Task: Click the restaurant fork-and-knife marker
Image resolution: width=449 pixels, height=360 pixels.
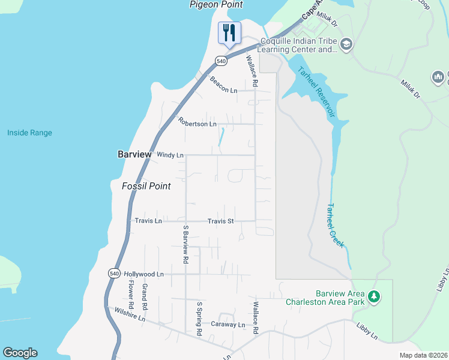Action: click(229, 33)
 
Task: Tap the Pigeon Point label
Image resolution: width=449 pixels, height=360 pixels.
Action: click(216, 5)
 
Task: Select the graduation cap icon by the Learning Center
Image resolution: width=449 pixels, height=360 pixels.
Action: click(346, 44)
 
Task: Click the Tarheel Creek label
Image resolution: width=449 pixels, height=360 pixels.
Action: click(335, 225)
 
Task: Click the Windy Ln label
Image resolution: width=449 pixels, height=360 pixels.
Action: click(170, 155)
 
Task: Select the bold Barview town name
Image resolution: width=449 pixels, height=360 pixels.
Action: click(134, 154)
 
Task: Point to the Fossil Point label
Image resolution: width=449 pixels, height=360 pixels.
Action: click(146, 186)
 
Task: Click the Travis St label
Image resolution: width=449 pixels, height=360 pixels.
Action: click(220, 221)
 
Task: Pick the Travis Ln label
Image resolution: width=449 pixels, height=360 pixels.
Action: click(148, 221)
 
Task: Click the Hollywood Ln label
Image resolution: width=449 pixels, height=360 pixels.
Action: click(143, 274)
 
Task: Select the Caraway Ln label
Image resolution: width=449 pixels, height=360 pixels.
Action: click(228, 325)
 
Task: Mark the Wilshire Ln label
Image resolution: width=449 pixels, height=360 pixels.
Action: click(130, 314)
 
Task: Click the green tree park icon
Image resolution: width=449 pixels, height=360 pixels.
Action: click(374, 296)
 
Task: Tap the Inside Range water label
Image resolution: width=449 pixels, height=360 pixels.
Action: click(29, 133)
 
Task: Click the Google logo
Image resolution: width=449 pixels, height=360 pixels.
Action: click(20, 353)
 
